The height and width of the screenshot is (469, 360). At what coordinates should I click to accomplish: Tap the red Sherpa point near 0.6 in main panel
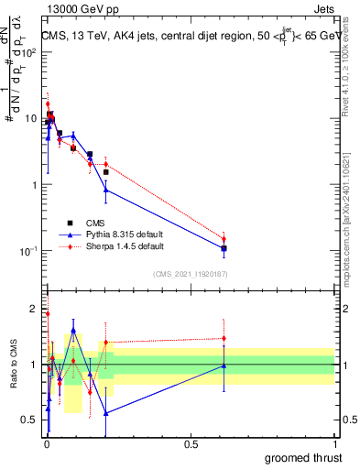[x=224, y=239]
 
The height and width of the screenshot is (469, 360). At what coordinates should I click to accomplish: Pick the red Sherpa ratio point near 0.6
[x=224, y=338]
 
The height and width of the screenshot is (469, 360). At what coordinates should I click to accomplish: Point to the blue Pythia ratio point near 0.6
[x=224, y=365]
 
